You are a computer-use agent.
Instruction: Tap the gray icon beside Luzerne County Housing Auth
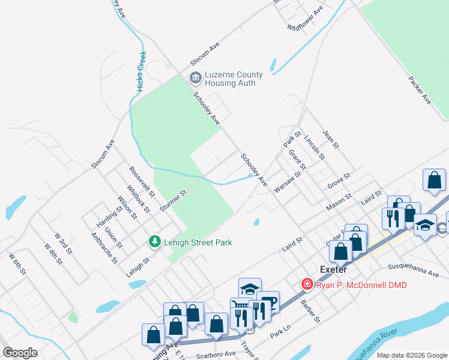point(195,77)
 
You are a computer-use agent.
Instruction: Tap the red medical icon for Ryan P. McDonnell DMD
point(307,284)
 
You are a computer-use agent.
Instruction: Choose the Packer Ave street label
point(420,89)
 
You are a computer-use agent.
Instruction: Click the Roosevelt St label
point(142,182)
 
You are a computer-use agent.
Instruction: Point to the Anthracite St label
point(103,248)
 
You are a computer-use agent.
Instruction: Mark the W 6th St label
point(17,264)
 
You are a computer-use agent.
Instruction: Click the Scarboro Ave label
point(215,354)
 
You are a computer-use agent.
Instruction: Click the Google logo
point(20,353)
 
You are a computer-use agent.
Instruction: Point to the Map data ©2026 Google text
point(412,355)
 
